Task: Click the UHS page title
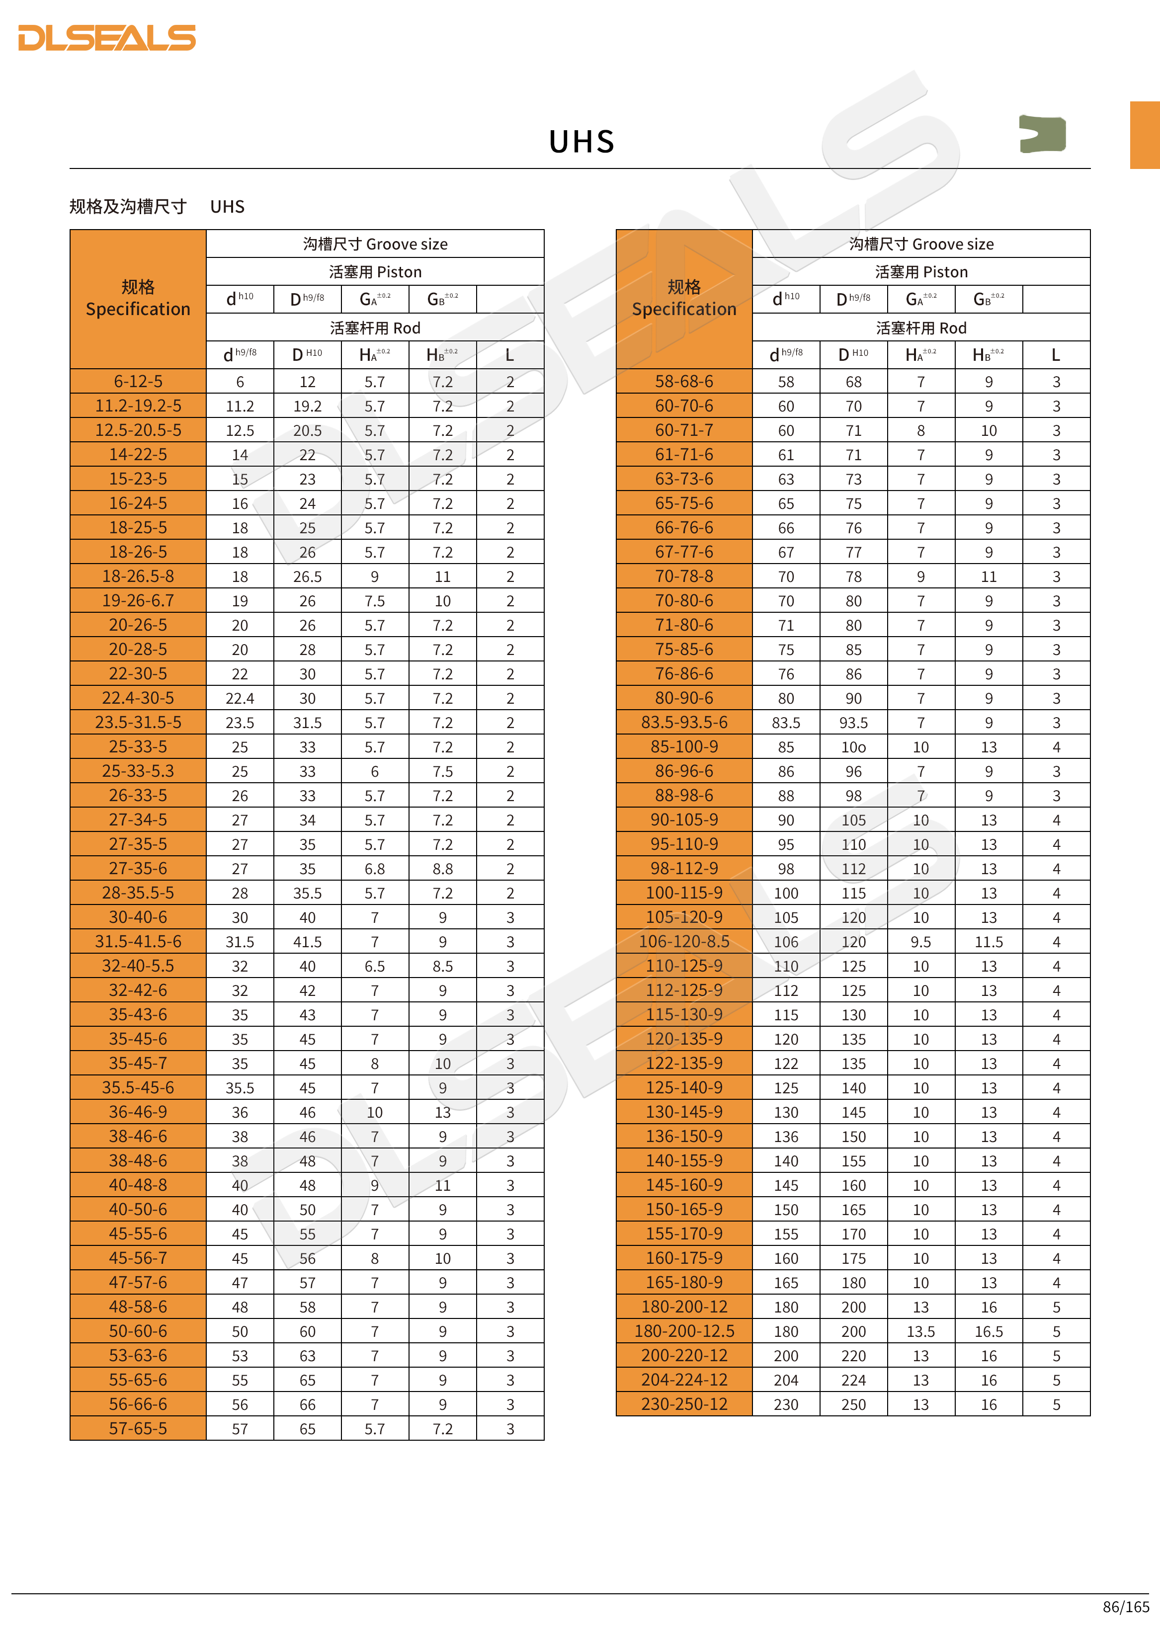tap(581, 142)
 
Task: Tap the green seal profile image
tap(1042, 134)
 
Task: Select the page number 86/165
tap(1126, 1606)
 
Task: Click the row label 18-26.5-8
tap(138, 576)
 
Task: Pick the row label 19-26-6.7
tap(138, 601)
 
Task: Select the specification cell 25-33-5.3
tap(138, 771)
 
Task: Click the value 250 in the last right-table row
tap(853, 1405)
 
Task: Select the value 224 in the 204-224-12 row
tap(853, 1381)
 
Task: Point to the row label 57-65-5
tap(138, 1429)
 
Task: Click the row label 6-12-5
tap(138, 382)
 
